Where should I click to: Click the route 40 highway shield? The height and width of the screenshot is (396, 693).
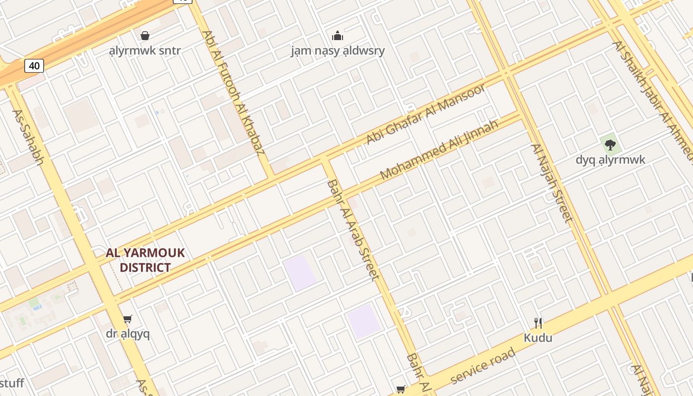coord(34,65)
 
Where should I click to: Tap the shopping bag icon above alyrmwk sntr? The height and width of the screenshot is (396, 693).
coord(145,36)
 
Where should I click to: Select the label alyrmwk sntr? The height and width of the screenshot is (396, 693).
coord(145,50)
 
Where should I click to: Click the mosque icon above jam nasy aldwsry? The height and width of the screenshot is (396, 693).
coord(338,36)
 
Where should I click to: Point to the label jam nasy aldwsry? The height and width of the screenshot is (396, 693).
coord(338,50)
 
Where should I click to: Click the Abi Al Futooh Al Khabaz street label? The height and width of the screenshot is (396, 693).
coord(232,92)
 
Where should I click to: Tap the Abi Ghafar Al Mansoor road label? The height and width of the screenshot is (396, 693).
coord(426,114)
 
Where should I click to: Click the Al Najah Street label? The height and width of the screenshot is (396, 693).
coord(551,183)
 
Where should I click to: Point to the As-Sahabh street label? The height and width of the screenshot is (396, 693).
coord(28,137)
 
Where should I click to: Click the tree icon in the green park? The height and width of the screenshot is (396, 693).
coord(610,145)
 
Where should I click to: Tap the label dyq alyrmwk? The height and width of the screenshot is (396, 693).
coord(610,160)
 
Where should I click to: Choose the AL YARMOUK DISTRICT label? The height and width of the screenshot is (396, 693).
coord(145,260)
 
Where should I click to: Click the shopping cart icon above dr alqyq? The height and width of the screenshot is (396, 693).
coord(128,319)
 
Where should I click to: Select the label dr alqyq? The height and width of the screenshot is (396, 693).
coord(128,334)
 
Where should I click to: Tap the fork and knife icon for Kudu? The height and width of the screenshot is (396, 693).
coord(538,323)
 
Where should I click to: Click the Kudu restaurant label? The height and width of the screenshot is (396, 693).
coord(538,338)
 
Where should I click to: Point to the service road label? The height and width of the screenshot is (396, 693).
coord(483,366)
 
